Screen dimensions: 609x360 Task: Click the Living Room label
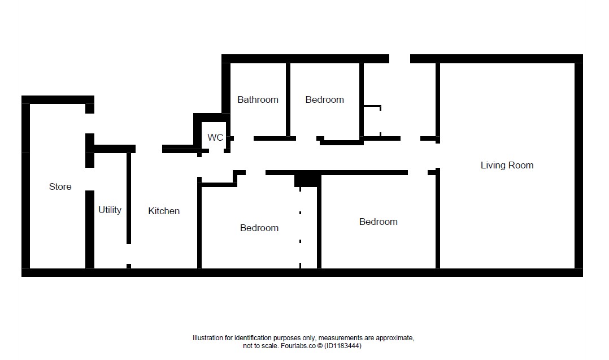(x=507, y=165)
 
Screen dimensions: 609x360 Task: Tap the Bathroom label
(x=258, y=99)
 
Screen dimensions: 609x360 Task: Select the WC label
(x=215, y=137)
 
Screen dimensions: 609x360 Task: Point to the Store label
(x=60, y=186)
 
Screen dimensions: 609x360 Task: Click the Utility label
(x=110, y=210)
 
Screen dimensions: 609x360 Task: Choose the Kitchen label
(x=164, y=211)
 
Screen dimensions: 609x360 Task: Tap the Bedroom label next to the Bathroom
(x=325, y=99)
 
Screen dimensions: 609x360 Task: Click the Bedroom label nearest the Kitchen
(x=259, y=228)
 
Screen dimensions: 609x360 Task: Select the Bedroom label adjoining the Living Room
(x=379, y=222)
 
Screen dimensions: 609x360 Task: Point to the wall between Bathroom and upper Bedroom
(x=288, y=99)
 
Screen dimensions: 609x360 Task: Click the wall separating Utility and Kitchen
(x=129, y=198)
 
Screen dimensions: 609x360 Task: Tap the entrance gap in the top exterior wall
(x=399, y=59)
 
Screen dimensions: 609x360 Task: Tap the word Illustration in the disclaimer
(x=208, y=338)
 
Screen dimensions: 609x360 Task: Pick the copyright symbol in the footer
(x=320, y=346)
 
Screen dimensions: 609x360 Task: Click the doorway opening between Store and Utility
(x=90, y=179)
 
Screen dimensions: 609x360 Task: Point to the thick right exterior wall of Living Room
(x=578, y=166)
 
